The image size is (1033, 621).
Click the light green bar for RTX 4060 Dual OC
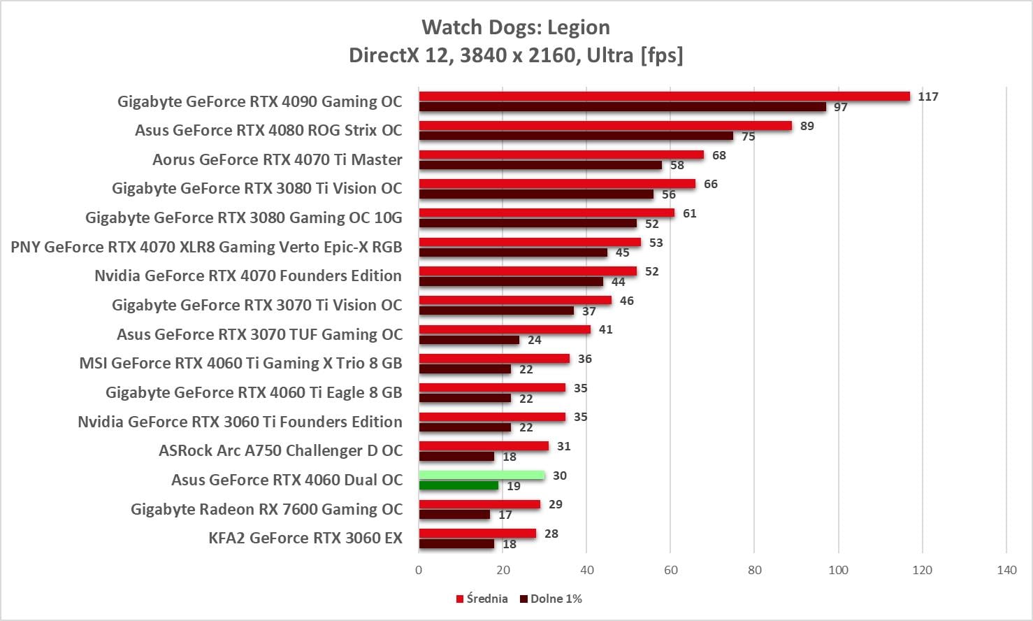[x=482, y=476]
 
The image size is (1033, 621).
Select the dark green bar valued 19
[x=458, y=485]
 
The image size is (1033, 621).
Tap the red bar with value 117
[x=664, y=97]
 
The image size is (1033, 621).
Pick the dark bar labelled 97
[x=622, y=107]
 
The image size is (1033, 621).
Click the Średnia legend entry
[x=482, y=599]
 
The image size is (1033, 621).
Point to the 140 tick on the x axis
[x=1006, y=570]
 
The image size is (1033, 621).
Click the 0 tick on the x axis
[x=419, y=570]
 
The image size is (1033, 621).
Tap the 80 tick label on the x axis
[x=755, y=570]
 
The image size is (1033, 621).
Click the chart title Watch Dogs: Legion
[x=516, y=27]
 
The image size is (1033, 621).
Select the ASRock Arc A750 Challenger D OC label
[x=280, y=450]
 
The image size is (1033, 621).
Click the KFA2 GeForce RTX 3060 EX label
[x=305, y=538]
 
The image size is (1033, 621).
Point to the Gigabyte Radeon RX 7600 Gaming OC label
[x=266, y=509]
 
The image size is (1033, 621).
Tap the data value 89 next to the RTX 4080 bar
[x=807, y=126]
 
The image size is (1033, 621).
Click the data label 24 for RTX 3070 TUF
[x=534, y=341]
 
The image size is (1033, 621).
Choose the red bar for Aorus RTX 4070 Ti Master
[x=561, y=155]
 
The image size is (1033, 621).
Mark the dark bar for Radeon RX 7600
[x=454, y=515]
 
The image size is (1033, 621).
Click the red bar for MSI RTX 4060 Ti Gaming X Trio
[x=494, y=359]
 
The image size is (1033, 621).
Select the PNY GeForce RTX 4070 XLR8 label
[x=206, y=247]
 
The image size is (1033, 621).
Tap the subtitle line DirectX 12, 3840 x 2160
[x=516, y=55]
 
